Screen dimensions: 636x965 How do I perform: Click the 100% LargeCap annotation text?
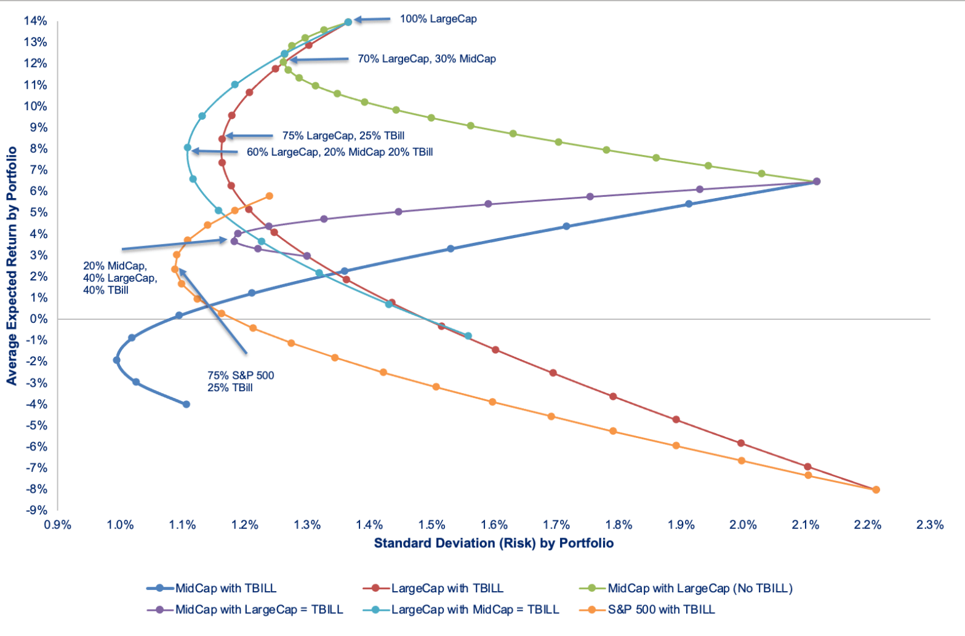(438, 19)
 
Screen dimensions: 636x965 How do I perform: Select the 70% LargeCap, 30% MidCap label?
(426, 59)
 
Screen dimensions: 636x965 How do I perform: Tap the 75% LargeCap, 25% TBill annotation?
(343, 136)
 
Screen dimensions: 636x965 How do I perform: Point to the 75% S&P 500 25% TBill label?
(241, 381)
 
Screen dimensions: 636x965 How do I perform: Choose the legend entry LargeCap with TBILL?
(447, 589)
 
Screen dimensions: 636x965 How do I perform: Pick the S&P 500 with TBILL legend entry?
(661, 610)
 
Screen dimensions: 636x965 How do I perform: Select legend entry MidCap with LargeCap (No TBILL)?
(700, 589)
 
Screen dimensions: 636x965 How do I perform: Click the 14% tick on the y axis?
(35, 22)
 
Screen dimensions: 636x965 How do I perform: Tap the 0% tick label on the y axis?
(39, 319)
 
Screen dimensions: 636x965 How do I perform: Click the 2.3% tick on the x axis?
(929, 525)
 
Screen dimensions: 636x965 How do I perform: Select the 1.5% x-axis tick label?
(431, 525)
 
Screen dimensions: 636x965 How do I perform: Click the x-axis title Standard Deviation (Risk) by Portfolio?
(494, 543)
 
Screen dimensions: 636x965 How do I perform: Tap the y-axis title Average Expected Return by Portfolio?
(12, 266)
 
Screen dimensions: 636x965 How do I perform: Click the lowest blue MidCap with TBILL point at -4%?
(186, 404)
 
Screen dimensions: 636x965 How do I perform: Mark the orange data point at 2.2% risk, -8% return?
(876, 490)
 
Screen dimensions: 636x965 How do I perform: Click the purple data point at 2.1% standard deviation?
(817, 181)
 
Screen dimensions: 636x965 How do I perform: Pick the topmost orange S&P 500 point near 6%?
(269, 196)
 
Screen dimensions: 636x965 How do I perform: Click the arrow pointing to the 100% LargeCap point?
(372, 20)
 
